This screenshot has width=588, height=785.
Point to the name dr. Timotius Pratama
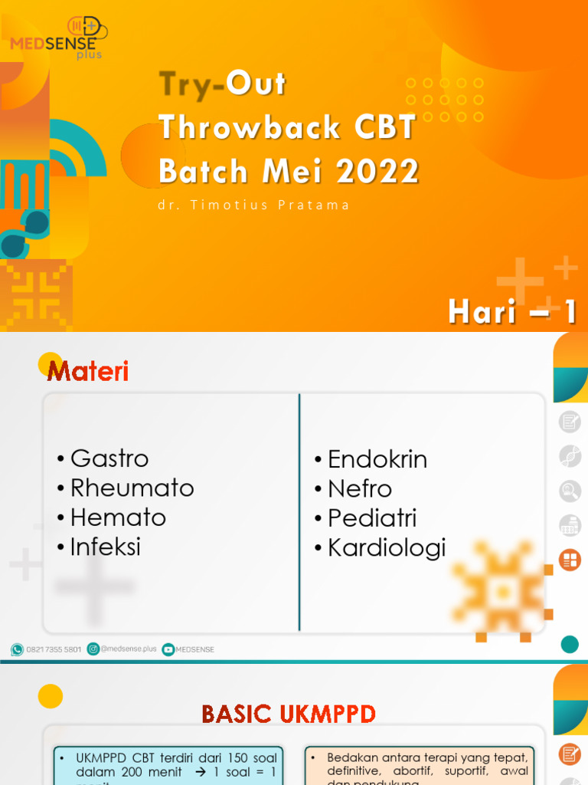pyautogui.click(x=253, y=205)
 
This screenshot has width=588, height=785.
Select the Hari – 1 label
pyautogui.click(x=512, y=312)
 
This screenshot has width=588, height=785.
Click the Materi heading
pyautogui.click(x=87, y=372)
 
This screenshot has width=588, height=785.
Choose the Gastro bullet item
pyautogui.click(x=109, y=458)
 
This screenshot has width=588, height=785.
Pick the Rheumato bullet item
pyautogui.click(x=132, y=488)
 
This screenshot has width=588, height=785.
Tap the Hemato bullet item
pyautogui.click(x=117, y=517)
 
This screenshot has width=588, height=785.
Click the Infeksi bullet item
pyautogui.click(x=105, y=547)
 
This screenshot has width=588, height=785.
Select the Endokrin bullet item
pyautogui.click(x=377, y=459)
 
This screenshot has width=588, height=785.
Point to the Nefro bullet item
pyautogui.click(x=359, y=488)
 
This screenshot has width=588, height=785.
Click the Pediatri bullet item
pyautogui.click(x=371, y=517)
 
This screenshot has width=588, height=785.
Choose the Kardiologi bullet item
pyautogui.click(x=386, y=547)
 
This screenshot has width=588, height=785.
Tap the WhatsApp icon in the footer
pyautogui.click(x=17, y=649)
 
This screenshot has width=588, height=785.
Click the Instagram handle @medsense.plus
pyautogui.click(x=127, y=649)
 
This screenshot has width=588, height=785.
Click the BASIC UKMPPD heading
pyautogui.click(x=289, y=714)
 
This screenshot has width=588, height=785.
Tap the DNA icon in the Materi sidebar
pyautogui.click(x=570, y=455)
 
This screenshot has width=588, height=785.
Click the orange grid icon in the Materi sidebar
pyautogui.click(x=570, y=560)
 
